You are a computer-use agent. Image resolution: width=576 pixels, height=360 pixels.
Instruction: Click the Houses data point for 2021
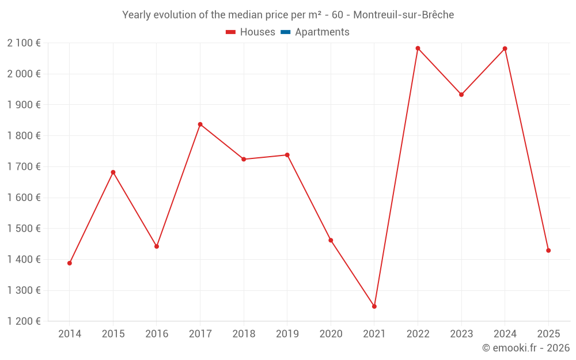[x=374, y=306]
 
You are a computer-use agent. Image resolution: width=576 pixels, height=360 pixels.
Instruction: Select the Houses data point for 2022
[x=418, y=48]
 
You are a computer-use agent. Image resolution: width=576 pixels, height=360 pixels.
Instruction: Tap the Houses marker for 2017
[x=200, y=124]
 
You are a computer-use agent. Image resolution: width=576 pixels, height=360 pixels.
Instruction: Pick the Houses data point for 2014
[x=70, y=263]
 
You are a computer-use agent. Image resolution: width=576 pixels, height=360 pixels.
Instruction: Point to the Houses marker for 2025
[x=548, y=251]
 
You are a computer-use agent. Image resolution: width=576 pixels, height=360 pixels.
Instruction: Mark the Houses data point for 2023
[x=461, y=94]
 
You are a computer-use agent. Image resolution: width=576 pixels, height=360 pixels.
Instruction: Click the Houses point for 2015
[x=113, y=172]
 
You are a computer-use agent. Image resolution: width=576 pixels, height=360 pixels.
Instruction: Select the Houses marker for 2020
[x=331, y=240]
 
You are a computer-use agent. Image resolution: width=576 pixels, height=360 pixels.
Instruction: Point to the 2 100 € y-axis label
[x=24, y=43]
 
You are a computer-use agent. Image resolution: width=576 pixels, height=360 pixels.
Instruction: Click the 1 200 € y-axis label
[x=24, y=321]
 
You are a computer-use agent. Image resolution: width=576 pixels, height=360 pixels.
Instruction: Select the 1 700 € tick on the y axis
[x=24, y=166]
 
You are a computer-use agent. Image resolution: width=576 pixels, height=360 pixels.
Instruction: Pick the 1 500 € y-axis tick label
[x=24, y=229]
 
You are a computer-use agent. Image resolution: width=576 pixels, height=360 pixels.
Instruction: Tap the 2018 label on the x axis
[x=244, y=334]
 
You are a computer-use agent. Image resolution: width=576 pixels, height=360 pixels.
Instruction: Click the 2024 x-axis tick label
[x=505, y=334]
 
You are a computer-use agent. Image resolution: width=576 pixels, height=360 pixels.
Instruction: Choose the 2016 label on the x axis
[x=157, y=334]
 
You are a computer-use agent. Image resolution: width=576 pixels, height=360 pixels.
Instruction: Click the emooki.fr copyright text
[x=525, y=348]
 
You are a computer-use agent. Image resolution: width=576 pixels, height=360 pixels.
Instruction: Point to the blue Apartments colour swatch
[x=285, y=32]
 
